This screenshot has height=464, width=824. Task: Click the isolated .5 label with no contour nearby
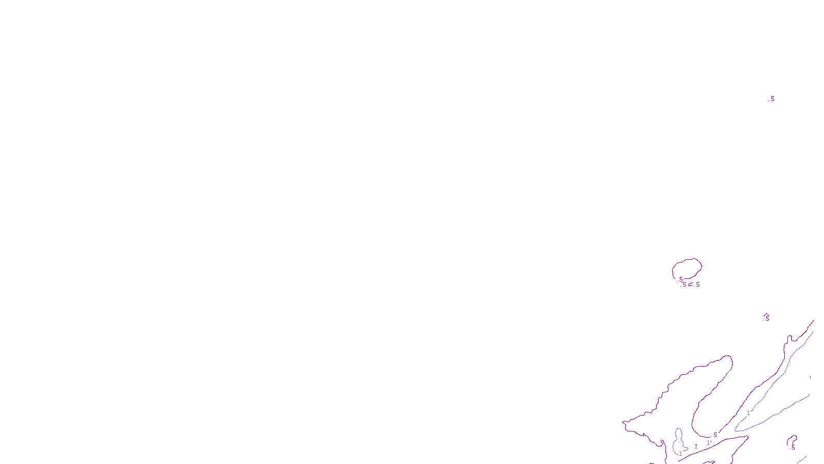771,98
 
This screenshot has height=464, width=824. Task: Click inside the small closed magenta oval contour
687,269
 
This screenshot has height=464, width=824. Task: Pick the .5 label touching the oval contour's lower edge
680,279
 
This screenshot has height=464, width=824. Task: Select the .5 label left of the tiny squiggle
683,285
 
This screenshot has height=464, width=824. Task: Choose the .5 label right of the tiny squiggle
697,284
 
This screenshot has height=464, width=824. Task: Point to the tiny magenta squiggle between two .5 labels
691,285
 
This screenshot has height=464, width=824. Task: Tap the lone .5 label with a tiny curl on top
767,318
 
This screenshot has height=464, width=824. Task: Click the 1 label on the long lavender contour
748,413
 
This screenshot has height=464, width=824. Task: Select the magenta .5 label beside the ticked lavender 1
714,435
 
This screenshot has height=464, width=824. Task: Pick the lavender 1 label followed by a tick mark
708,442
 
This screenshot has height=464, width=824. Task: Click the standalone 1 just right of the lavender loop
696,446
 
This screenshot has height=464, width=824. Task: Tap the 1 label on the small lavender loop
680,454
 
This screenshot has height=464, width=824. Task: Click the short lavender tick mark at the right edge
810,377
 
